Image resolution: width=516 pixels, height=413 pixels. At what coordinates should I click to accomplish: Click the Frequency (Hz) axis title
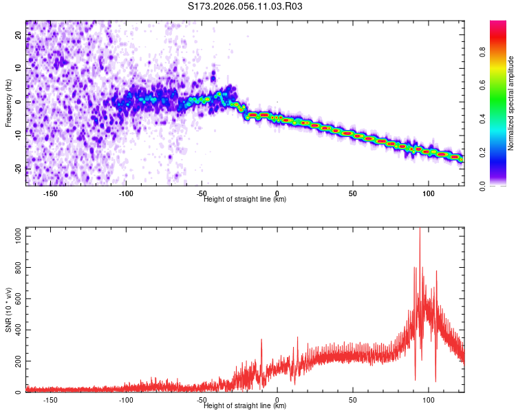tap(8, 103)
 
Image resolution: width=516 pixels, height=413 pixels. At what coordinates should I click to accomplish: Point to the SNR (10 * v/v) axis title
tap(8, 310)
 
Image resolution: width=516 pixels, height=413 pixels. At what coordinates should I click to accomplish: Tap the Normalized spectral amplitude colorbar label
tap(511, 103)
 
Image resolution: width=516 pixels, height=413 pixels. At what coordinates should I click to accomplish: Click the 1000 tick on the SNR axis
tap(14, 235)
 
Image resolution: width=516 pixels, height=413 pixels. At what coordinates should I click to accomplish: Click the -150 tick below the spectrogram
tap(50, 193)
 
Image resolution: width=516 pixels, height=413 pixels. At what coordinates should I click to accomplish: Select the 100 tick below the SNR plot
tap(429, 400)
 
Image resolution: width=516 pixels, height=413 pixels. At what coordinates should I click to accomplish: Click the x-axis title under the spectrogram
tap(245, 200)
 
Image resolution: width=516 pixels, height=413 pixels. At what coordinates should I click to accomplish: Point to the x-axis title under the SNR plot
tap(245, 406)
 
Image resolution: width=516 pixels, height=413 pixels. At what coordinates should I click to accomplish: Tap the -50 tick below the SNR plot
tap(202, 400)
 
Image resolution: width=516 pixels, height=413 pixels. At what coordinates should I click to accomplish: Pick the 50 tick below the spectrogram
tap(353, 193)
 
